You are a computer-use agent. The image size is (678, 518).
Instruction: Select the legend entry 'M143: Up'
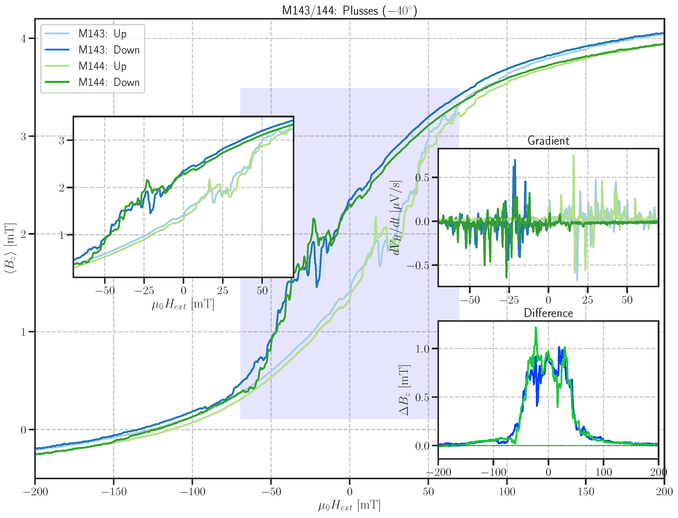click(x=102, y=33)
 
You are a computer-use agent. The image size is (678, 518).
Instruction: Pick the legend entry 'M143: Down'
click(x=109, y=50)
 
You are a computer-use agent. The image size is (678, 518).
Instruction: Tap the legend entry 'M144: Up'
click(x=102, y=66)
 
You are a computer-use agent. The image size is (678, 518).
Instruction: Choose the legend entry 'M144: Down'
click(x=109, y=82)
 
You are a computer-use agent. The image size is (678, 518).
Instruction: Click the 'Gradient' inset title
click(x=548, y=141)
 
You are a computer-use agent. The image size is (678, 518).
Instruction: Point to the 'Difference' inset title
click(x=548, y=313)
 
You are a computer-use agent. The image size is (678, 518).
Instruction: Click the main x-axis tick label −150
click(x=114, y=491)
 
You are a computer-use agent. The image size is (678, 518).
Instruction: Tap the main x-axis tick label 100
click(x=507, y=491)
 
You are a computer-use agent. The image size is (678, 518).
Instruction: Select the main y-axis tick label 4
click(x=23, y=39)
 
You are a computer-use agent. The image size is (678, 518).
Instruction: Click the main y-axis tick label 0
click(x=23, y=430)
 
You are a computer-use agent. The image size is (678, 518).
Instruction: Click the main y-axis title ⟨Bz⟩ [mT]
click(x=10, y=248)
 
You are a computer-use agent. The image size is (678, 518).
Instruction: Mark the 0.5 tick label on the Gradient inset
click(x=422, y=177)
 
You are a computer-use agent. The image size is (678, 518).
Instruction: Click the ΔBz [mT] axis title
click(x=404, y=390)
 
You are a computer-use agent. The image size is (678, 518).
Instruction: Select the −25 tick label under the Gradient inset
click(x=509, y=300)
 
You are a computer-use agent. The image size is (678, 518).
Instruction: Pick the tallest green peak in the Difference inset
click(x=536, y=328)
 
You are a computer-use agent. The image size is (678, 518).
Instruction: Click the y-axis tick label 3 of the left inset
click(x=62, y=141)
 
